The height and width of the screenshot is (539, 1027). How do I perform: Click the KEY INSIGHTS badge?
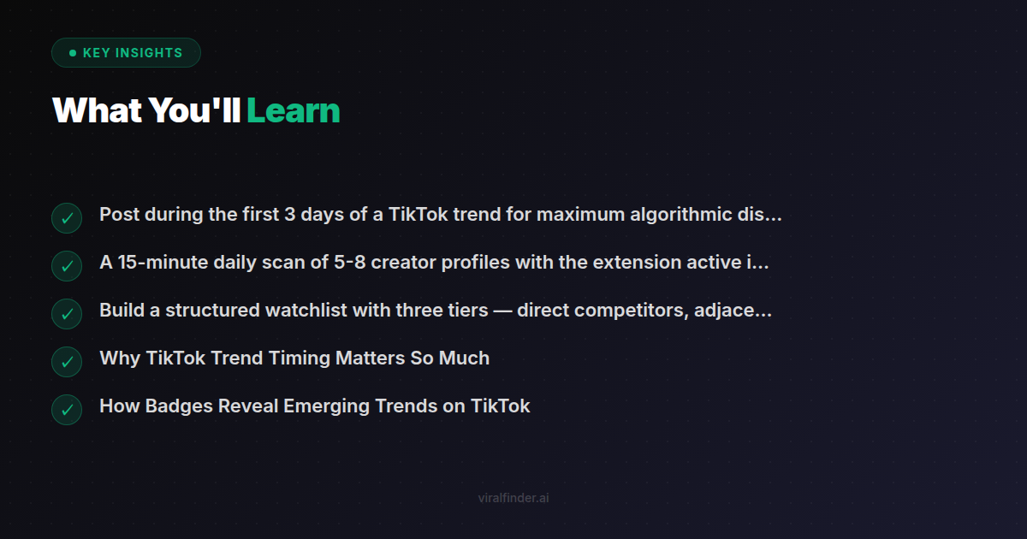(x=126, y=53)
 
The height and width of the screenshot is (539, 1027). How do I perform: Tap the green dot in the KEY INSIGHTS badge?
(x=73, y=53)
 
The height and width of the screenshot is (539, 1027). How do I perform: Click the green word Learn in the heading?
(x=293, y=110)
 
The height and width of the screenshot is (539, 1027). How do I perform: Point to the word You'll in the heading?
(x=194, y=110)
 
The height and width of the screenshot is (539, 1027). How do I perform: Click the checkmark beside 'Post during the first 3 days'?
(x=67, y=218)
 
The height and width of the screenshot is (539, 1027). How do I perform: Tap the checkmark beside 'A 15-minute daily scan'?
(x=67, y=266)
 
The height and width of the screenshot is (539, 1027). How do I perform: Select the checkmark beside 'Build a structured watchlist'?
(x=67, y=314)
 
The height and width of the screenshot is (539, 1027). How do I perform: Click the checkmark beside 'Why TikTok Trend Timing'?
(x=67, y=362)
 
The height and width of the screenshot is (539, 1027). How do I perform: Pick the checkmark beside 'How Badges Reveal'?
(x=67, y=410)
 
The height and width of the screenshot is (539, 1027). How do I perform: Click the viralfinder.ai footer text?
(x=513, y=498)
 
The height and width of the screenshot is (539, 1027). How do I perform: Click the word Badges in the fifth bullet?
(x=179, y=406)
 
